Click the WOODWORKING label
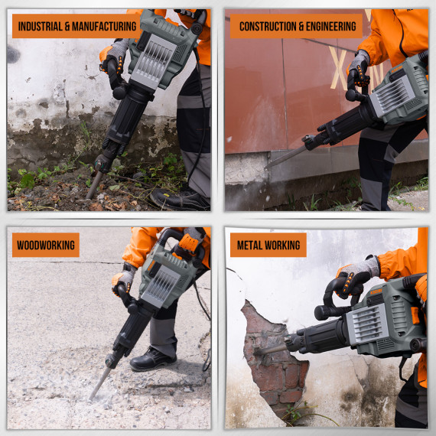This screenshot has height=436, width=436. pos(45,245)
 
